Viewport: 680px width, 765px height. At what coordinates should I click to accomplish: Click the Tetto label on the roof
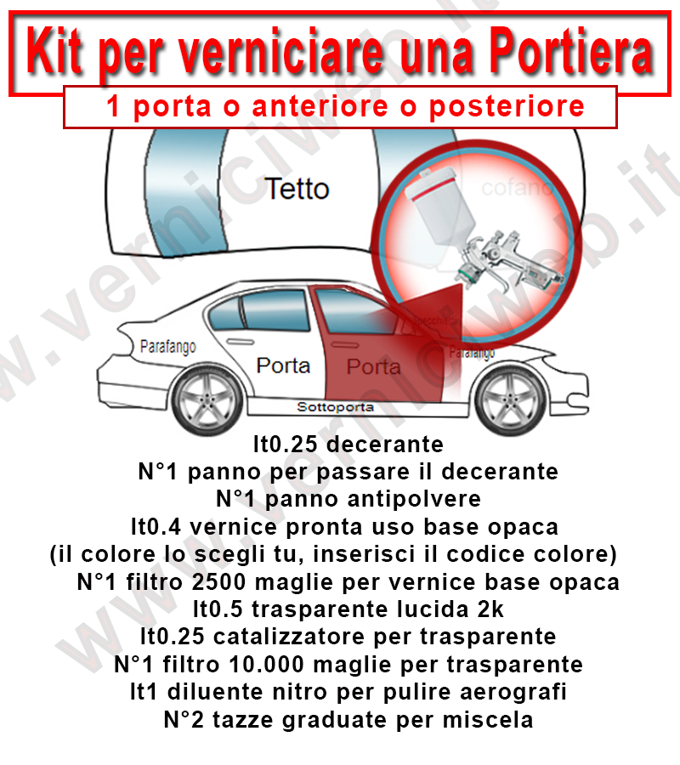click(297, 188)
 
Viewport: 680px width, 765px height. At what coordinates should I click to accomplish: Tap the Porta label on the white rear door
click(283, 365)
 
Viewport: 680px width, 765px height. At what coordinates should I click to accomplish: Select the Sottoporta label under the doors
click(335, 407)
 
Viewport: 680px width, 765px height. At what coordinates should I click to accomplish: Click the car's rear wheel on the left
click(206, 399)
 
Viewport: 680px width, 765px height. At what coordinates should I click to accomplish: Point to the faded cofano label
click(516, 188)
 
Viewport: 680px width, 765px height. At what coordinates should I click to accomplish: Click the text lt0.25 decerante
click(348, 444)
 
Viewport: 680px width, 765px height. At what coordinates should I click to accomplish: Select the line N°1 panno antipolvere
click(348, 498)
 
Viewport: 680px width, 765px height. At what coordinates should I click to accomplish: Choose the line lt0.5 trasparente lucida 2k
click(348, 609)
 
